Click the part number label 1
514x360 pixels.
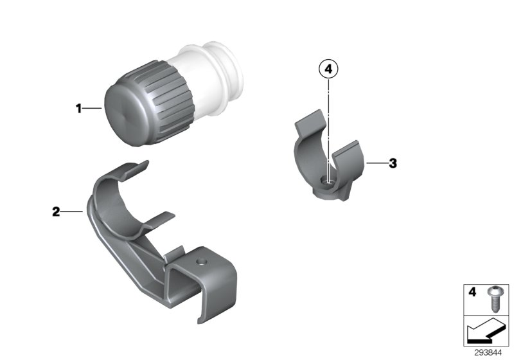tap(79, 109)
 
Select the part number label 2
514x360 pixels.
tap(56, 211)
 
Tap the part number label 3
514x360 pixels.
tap(393, 163)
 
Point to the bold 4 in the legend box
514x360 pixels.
tap(472, 292)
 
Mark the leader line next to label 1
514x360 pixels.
tap(93, 109)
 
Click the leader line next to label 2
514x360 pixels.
tap(71, 211)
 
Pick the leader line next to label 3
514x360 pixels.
tap(376, 163)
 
